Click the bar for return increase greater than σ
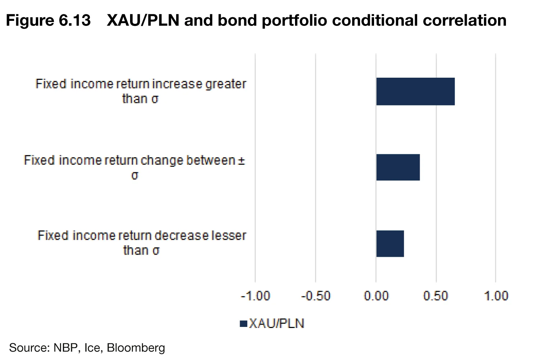pos(415,91)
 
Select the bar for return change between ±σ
pos(398,167)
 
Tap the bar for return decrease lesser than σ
pos(390,244)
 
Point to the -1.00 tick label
pos(255,296)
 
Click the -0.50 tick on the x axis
pos(315,296)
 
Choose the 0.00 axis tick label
pos(376,296)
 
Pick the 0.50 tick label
pos(436,296)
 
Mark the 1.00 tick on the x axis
pos(496,296)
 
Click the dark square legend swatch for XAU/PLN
pos(243,324)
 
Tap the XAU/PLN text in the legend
pos(277,324)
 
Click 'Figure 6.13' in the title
pos(48,20)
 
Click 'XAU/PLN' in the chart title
pos(143,20)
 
